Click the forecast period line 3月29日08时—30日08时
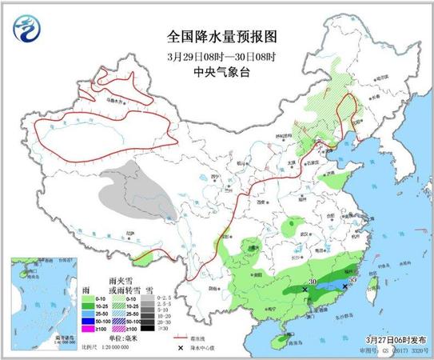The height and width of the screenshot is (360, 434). click(217, 56)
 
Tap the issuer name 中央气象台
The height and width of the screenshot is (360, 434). click(217, 71)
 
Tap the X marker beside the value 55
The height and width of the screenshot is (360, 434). click(345, 285)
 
